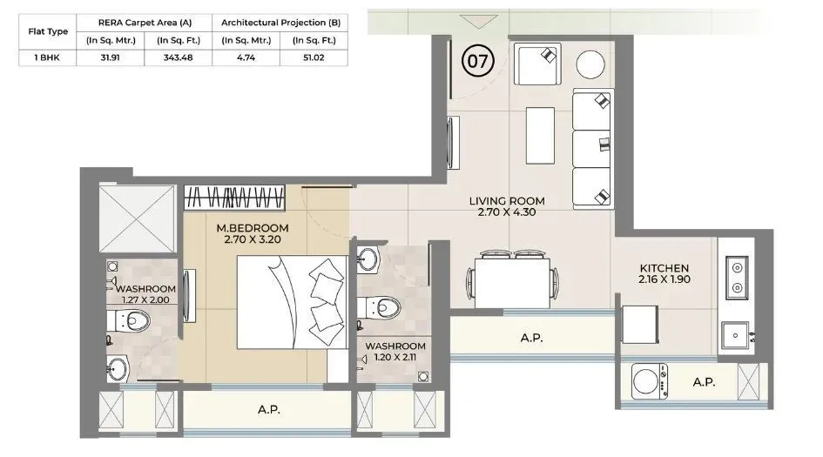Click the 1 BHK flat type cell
(47, 58)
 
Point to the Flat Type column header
(47, 30)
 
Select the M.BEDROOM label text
(253, 229)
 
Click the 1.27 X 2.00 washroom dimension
(145, 301)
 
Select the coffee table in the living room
(540, 135)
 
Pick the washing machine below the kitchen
(646, 381)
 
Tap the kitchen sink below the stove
(736, 333)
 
